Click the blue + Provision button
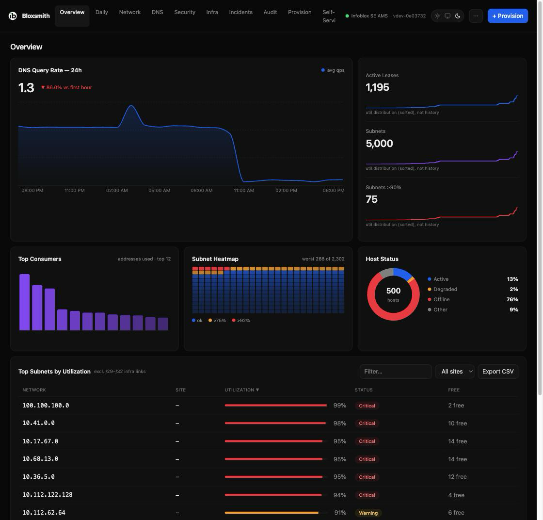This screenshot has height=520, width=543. point(508,16)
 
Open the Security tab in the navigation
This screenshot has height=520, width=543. point(185,12)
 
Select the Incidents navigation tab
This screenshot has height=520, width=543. point(240,12)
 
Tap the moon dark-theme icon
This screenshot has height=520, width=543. point(458,16)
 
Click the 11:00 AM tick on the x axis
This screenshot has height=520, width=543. point(244,191)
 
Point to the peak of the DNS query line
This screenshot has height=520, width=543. point(131,106)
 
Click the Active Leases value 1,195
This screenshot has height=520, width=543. point(378,87)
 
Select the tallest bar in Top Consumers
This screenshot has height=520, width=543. point(25,302)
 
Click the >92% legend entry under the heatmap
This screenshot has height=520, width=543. point(241,321)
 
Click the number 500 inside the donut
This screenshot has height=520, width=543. point(393,291)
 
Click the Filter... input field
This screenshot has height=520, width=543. point(396,372)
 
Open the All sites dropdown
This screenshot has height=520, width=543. point(455,372)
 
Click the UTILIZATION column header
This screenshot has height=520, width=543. point(242,390)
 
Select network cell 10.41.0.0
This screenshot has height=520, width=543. point(38,423)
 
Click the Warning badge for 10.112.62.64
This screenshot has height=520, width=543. point(368,513)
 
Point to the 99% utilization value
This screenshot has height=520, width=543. point(340,406)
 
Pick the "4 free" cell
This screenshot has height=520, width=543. point(456,495)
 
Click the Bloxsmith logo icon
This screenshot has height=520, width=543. point(13,16)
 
